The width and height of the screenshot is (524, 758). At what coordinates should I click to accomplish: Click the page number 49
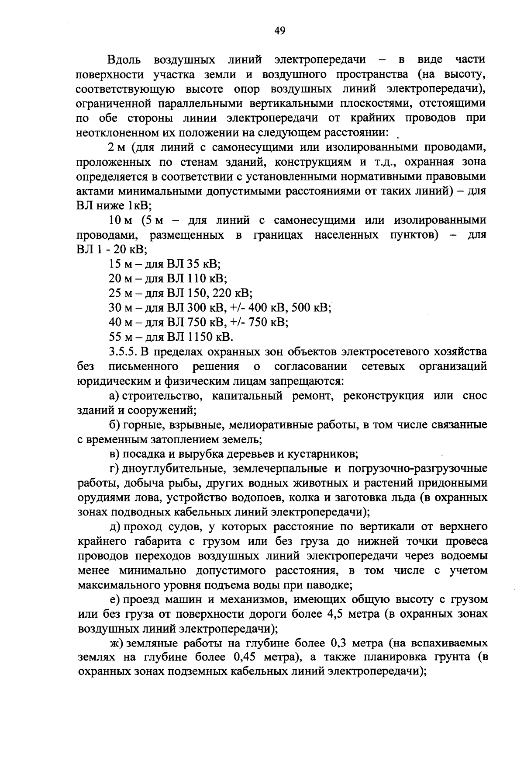pyautogui.click(x=279, y=30)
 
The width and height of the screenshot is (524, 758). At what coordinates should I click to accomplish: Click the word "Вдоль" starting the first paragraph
pyautogui.click(x=123, y=59)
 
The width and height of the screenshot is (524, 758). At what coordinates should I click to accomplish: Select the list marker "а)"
pyautogui.click(x=114, y=396)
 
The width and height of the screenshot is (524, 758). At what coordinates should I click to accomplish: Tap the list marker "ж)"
pyautogui.click(x=116, y=644)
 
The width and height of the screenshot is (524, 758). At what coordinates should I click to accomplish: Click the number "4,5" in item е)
pyautogui.click(x=335, y=614)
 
